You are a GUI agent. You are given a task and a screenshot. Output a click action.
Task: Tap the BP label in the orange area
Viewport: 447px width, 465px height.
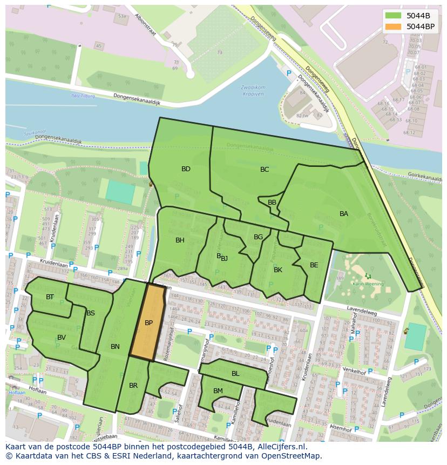pos(149,323)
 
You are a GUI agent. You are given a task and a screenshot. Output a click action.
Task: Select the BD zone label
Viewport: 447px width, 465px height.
pos(186,169)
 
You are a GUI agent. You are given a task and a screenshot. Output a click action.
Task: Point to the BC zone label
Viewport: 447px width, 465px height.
pos(265,170)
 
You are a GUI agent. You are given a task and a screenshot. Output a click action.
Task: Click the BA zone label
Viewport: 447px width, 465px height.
pos(344,214)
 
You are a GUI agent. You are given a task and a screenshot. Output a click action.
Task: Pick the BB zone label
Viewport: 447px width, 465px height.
pos(272,203)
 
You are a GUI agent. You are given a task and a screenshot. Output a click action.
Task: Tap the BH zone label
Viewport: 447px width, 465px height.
pos(180,240)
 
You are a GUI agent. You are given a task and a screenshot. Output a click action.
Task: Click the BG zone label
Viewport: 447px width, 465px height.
pos(258,237)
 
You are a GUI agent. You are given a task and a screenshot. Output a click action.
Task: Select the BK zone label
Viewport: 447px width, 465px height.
pos(278,270)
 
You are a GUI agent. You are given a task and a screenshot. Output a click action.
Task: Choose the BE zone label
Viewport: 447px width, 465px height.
pos(314,265)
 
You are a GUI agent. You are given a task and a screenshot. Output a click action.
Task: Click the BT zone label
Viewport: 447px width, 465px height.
pos(50,297)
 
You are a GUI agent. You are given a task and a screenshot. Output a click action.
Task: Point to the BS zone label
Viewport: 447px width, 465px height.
pos(91,313)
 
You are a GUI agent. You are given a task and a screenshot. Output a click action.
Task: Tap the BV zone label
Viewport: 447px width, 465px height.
pos(62,338)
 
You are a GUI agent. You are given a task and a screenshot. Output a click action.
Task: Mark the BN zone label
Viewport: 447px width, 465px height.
pos(115,347)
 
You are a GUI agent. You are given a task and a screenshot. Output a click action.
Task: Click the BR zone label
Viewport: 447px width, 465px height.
pos(133,386)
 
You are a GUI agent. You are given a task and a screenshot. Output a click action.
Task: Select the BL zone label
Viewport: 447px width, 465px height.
pos(235,374)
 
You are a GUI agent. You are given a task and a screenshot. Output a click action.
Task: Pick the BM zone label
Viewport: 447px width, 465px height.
pos(218,391)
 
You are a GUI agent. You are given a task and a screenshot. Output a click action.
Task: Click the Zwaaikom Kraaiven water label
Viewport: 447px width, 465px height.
pos(252,90)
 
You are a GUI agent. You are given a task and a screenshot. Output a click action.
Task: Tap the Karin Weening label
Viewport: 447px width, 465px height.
pos(368,284)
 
